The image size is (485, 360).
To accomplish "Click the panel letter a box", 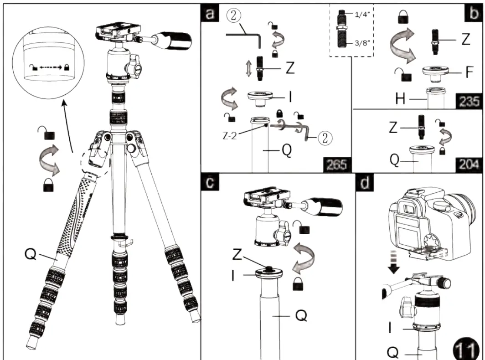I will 210,13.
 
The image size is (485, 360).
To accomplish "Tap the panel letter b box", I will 472,14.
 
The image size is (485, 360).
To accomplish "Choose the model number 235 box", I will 469,101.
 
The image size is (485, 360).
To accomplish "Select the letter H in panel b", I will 400,100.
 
